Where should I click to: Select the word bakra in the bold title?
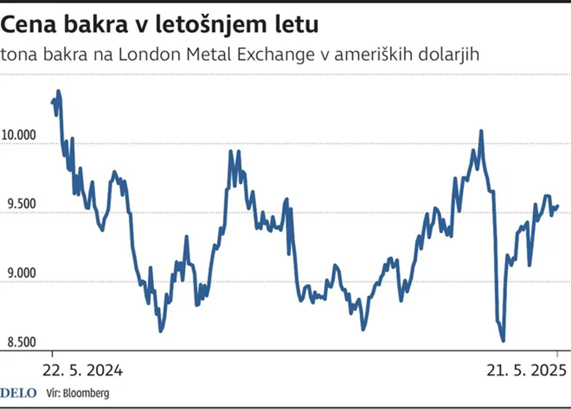coord(86,26)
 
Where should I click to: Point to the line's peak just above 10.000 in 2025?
coord(482,131)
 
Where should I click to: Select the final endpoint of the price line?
coord(558,206)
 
